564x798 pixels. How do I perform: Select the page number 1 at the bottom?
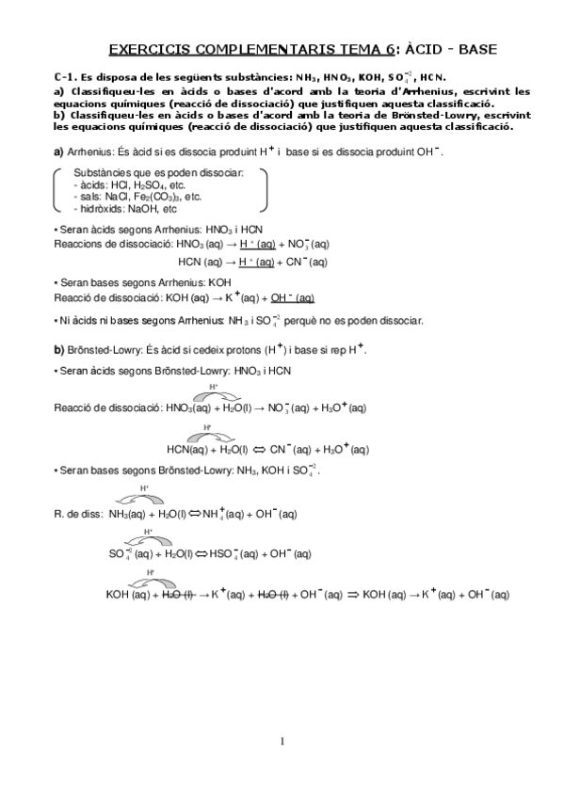coord(282,742)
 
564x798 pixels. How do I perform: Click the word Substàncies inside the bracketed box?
coord(105,173)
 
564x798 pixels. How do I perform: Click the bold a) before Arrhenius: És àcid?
coord(58,152)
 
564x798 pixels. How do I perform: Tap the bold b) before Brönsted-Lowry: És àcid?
coord(58,349)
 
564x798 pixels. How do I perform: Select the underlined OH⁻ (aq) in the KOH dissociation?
coord(292,298)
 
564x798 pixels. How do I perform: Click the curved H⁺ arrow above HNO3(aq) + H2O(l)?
coord(215,393)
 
